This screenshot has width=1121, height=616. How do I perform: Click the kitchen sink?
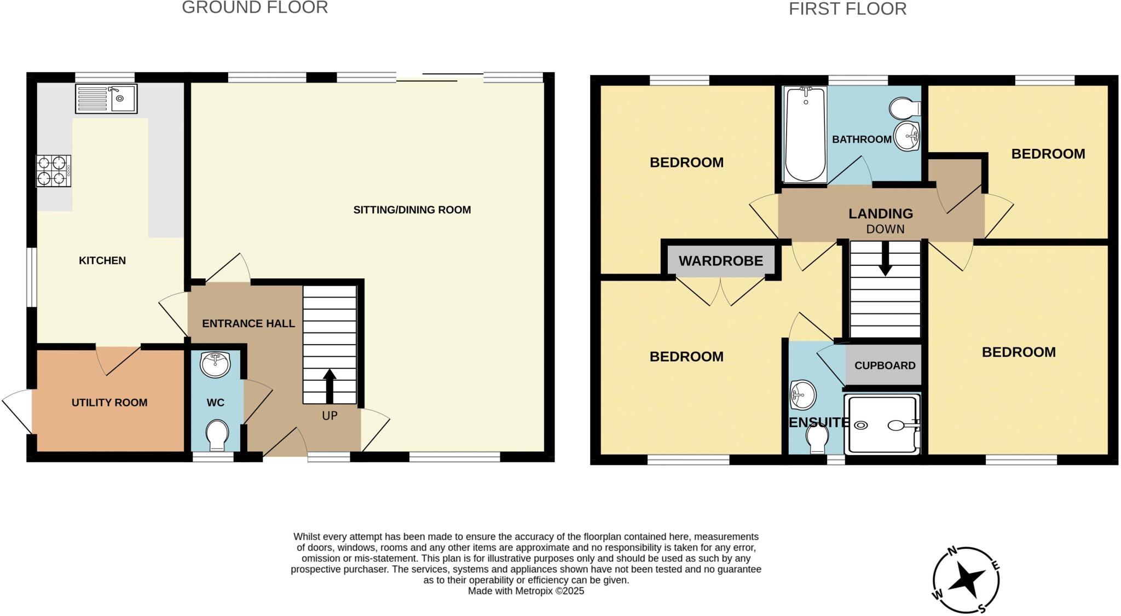coord(106,98)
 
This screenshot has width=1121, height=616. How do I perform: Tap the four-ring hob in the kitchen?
coord(53,171)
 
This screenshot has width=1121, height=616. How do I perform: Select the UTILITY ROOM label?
coord(109,403)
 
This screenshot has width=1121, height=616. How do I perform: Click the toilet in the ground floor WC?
coord(217,435)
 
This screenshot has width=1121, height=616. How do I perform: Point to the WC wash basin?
coord(215,364)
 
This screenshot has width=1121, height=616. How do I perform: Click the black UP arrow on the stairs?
coord(330,386)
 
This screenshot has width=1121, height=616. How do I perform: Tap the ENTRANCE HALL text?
coord(249,323)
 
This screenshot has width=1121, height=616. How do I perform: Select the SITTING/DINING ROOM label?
coord(412,210)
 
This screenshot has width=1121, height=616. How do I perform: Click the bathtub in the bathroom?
coord(805,135)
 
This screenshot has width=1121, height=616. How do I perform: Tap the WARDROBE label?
coord(720,261)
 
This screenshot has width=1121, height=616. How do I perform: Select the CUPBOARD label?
coord(885,365)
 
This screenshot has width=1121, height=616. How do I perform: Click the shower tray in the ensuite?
coord(882,425)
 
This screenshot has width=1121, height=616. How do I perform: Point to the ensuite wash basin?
coord(802,394)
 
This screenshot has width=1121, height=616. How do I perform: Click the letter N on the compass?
coord(952,551)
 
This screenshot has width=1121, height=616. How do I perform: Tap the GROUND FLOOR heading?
coord(255,8)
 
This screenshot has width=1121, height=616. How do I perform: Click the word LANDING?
coord(880,213)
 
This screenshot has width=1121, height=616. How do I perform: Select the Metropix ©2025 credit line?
coord(525,591)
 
